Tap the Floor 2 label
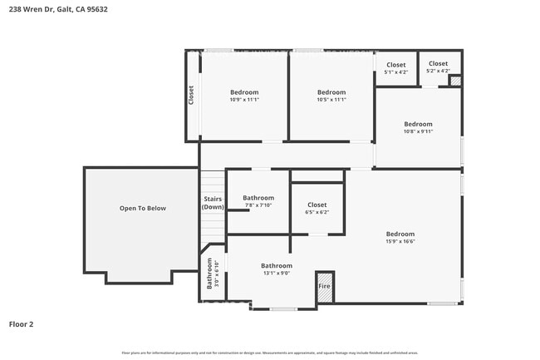pyautogui.click(x=22, y=323)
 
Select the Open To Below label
pyautogui.click(x=143, y=208)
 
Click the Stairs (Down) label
pyautogui.click(x=213, y=203)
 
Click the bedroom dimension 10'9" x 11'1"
pyautogui.click(x=244, y=99)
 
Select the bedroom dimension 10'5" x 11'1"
pyautogui.click(x=331, y=99)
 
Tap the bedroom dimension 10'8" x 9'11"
pyautogui.click(x=418, y=131)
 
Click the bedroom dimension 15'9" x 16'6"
pyautogui.click(x=400, y=241)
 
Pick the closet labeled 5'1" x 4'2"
pyautogui.click(x=396, y=72)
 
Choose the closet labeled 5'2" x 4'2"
pyautogui.click(x=438, y=71)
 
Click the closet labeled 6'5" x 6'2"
pyautogui.click(x=317, y=212)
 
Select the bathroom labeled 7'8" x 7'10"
pyautogui.click(x=258, y=205)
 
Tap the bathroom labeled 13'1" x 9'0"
pyautogui.click(x=277, y=273)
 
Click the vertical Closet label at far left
pyautogui.click(x=191, y=95)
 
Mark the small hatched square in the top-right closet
pyautogui.click(x=454, y=81)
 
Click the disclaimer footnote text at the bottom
pyautogui.click(x=269, y=352)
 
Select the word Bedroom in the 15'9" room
pyautogui.click(x=400, y=234)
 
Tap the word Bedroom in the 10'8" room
pyautogui.click(x=418, y=124)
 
